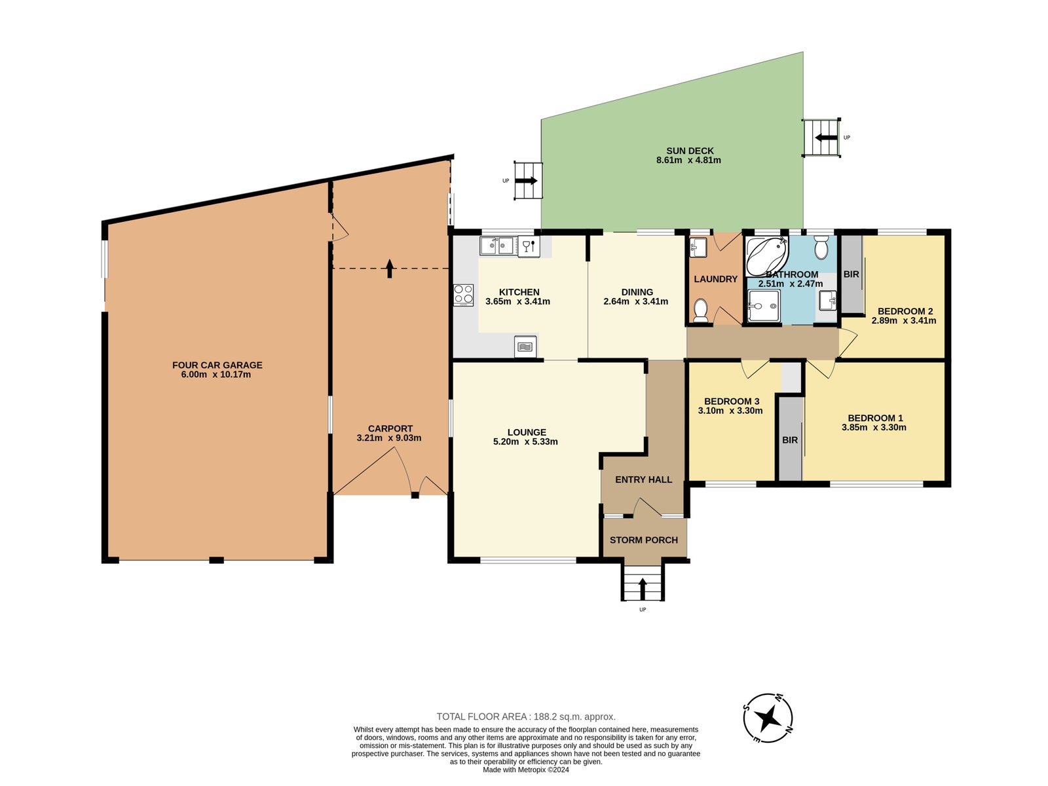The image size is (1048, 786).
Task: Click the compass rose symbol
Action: click(x=768, y=718)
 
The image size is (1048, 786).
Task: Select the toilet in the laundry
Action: click(x=701, y=310)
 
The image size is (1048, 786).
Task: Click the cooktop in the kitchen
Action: click(x=464, y=295)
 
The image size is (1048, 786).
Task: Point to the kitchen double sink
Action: click(x=496, y=246)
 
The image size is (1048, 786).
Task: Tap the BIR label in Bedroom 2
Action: click(x=851, y=274)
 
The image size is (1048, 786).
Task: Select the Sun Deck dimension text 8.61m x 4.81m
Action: click(x=688, y=160)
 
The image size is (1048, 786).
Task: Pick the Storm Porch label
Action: click(x=643, y=540)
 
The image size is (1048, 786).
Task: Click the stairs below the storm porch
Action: click(x=642, y=583)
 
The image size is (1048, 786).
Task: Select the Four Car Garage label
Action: click(x=217, y=365)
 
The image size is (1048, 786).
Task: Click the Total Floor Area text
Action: click(x=526, y=717)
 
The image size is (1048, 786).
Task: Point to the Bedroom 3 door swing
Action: click(x=753, y=369)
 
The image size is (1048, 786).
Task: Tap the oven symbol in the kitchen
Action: click(x=525, y=346)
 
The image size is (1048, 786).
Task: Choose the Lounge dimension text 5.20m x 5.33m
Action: click(x=525, y=442)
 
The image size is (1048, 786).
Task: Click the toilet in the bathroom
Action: click(x=821, y=248)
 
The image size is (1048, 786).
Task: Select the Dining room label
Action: click(x=637, y=292)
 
